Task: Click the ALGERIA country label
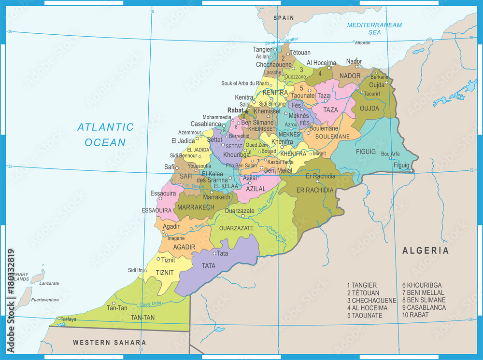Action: (426, 250)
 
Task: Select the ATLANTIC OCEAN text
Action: (105, 135)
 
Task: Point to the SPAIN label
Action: (284, 18)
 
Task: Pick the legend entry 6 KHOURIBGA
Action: (421, 285)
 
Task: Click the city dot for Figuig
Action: (411, 170)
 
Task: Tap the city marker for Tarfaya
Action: (59, 318)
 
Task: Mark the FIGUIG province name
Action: (366, 152)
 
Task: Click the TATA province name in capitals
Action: (209, 265)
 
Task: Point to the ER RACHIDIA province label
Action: (315, 190)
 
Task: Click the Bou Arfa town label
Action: (390, 154)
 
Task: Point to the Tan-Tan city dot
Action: (114, 304)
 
